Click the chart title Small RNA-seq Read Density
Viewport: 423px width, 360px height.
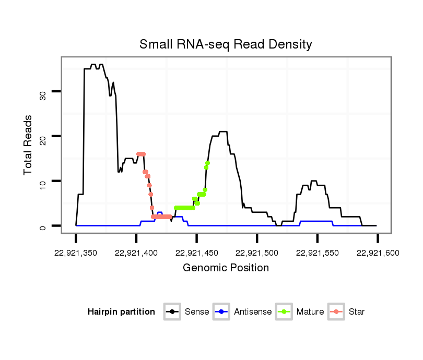[226, 44]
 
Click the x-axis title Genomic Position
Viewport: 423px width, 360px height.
[226, 268]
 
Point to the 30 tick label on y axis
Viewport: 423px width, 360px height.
[43, 95]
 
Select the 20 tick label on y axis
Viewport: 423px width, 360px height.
[43, 136]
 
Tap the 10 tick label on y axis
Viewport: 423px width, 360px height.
[43, 181]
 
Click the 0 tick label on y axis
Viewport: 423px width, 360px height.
[43, 226]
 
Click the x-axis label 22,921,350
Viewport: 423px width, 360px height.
[76, 253]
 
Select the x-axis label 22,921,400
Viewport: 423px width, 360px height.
[136, 253]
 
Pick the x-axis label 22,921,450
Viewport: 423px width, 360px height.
[196, 253]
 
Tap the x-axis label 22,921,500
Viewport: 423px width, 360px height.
[257, 253]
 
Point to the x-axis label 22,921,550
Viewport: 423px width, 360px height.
[318, 253]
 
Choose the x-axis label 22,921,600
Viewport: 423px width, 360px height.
[378, 253]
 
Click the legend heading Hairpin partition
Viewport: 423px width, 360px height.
[121, 312]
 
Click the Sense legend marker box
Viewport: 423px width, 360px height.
[172, 312]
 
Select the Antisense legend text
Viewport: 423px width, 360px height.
[253, 312]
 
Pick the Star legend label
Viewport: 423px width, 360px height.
[357, 312]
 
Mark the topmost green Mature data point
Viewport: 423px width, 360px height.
[207, 163]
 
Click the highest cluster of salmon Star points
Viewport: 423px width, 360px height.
[140, 154]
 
